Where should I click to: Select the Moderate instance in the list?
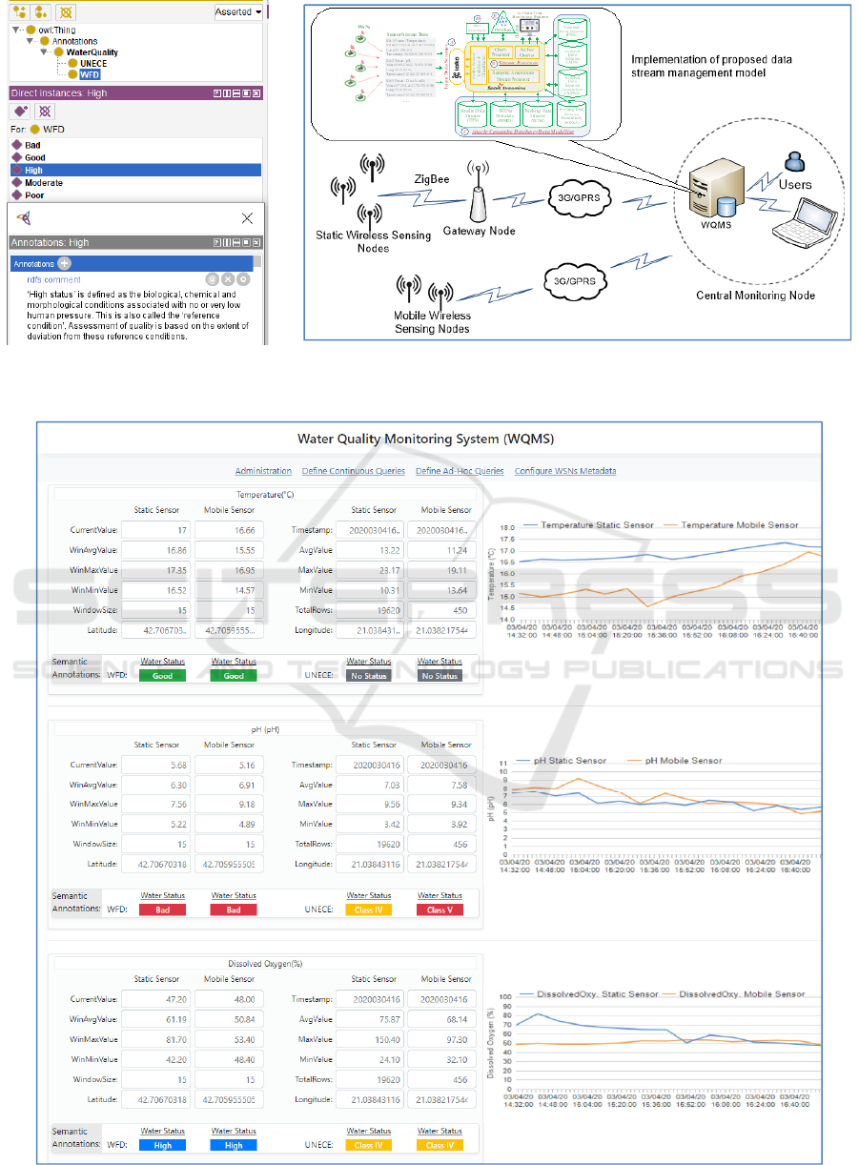pos(43,182)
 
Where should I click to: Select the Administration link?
pos(263,471)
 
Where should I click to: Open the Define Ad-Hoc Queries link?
pos(460,471)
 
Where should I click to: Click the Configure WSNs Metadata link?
pos(565,471)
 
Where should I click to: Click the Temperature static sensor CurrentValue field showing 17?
pos(156,529)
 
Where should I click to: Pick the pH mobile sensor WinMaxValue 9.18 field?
pos(230,804)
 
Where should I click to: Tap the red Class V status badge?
pos(440,910)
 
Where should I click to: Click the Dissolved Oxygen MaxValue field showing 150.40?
pos(369,1038)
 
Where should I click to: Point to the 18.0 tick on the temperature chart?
pos(504,528)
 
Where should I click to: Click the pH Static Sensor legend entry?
pos(569,761)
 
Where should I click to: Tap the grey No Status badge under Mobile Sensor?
pos(440,675)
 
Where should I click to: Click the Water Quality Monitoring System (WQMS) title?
pos(425,439)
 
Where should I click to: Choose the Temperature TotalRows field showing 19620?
pos(369,610)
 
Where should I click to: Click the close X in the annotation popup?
pos(247,217)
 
